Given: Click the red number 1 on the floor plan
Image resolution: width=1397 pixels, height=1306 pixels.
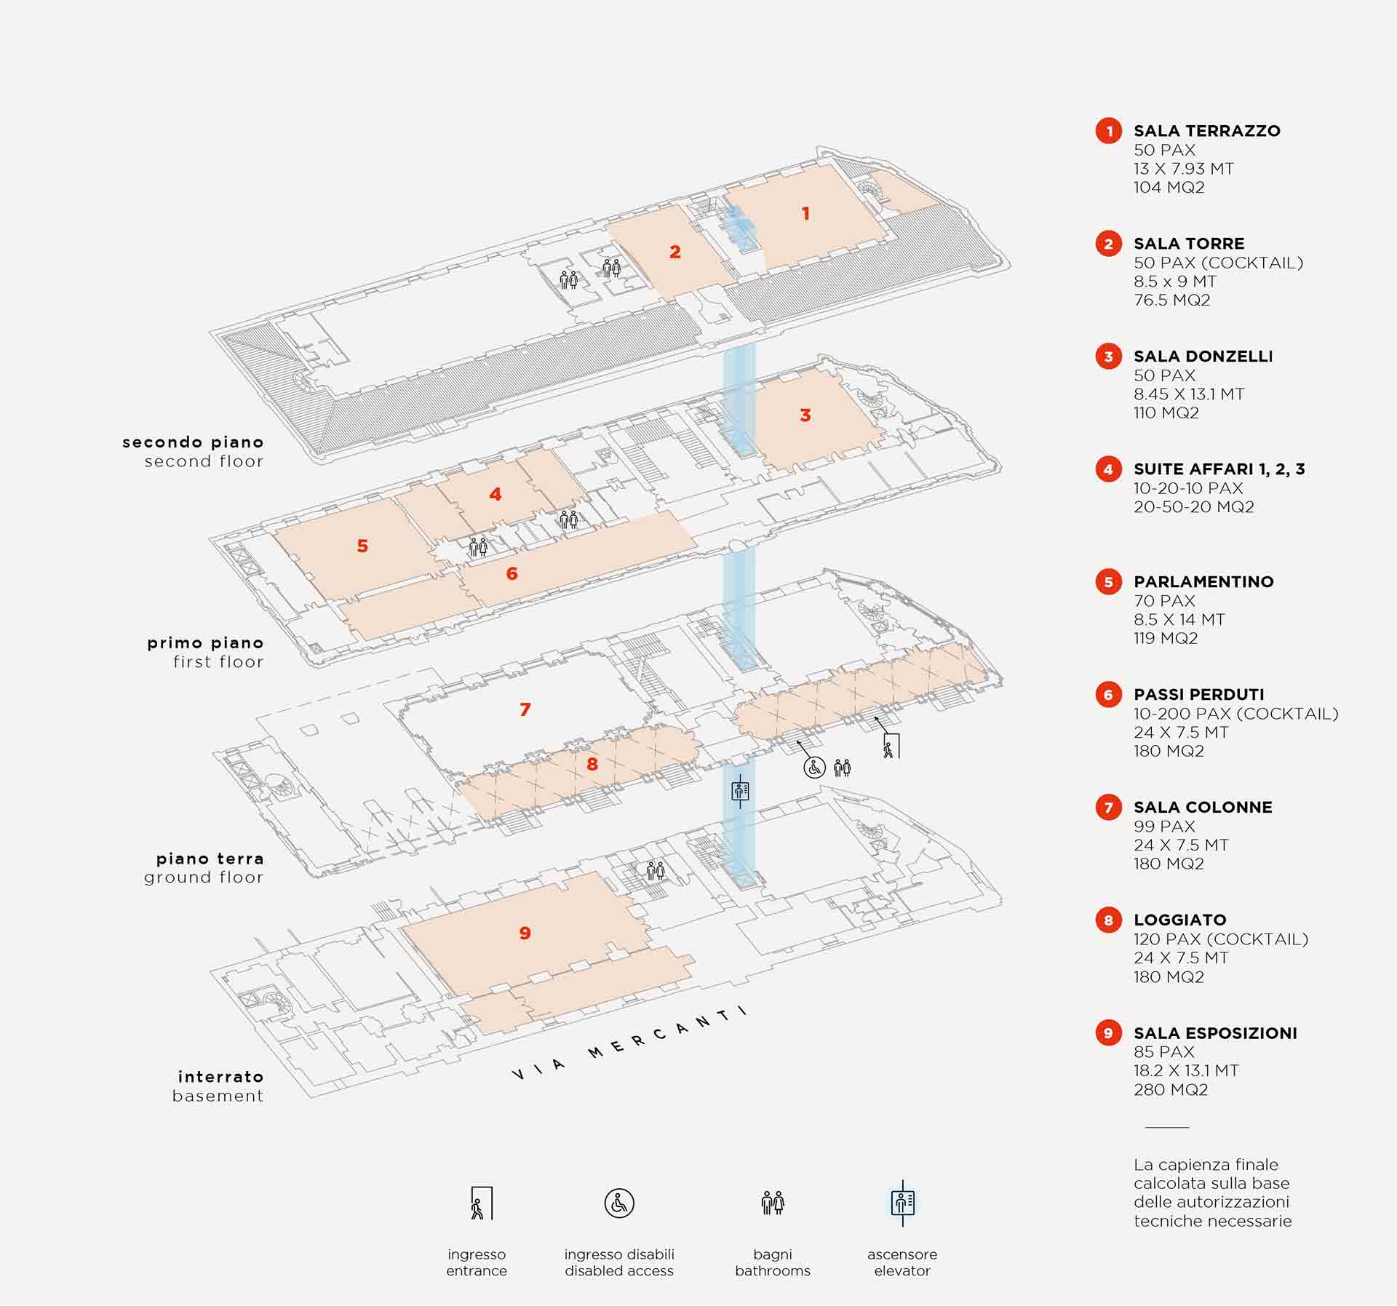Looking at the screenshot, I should pyautogui.click(x=805, y=213).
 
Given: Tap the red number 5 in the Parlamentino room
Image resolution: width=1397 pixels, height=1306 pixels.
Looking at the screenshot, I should pyautogui.click(x=362, y=546).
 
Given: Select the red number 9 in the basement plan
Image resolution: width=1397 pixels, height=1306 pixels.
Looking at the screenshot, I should pyautogui.click(x=525, y=933).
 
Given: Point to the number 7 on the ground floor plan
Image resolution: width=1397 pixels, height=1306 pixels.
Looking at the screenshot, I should pyautogui.click(x=525, y=709).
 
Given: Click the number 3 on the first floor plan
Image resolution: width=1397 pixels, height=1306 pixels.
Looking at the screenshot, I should pyautogui.click(x=805, y=415).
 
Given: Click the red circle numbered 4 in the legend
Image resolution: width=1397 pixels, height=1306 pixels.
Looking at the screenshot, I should pyautogui.click(x=1108, y=469).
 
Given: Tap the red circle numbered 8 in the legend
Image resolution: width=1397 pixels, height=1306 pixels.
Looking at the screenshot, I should pyautogui.click(x=1108, y=920).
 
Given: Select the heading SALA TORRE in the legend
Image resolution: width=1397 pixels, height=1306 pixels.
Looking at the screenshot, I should pyautogui.click(x=1189, y=244).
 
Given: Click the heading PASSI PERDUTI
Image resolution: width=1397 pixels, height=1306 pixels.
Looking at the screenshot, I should pyautogui.click(x=1198, y=695).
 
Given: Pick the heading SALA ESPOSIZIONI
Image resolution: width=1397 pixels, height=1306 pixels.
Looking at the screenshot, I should pyautogui.click(x=1215, y=1033).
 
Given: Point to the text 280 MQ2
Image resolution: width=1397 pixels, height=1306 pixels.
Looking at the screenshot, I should pyautogui.click(x=1170, y=1089).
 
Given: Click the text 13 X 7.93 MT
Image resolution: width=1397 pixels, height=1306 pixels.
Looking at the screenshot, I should pyautogui.click(x=1183, y=169).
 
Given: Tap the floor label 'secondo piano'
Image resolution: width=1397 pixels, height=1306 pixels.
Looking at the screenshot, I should pyautogui.click(x=193, y=442).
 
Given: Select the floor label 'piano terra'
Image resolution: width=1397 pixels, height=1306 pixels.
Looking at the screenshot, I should pyautogui.click(x=210, y=859).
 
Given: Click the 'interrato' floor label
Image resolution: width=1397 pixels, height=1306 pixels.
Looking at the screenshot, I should pyautogui.click(x=220, y=1077).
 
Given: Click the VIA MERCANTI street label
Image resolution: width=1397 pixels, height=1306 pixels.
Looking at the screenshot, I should pyautogui.click(x=630, y=1043).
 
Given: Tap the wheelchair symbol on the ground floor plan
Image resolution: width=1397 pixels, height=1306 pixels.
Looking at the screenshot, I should pyautogui.click(x=814, y=767).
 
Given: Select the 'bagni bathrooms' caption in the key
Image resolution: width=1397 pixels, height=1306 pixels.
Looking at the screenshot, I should pyautogui.click(x=772, y=1262).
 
